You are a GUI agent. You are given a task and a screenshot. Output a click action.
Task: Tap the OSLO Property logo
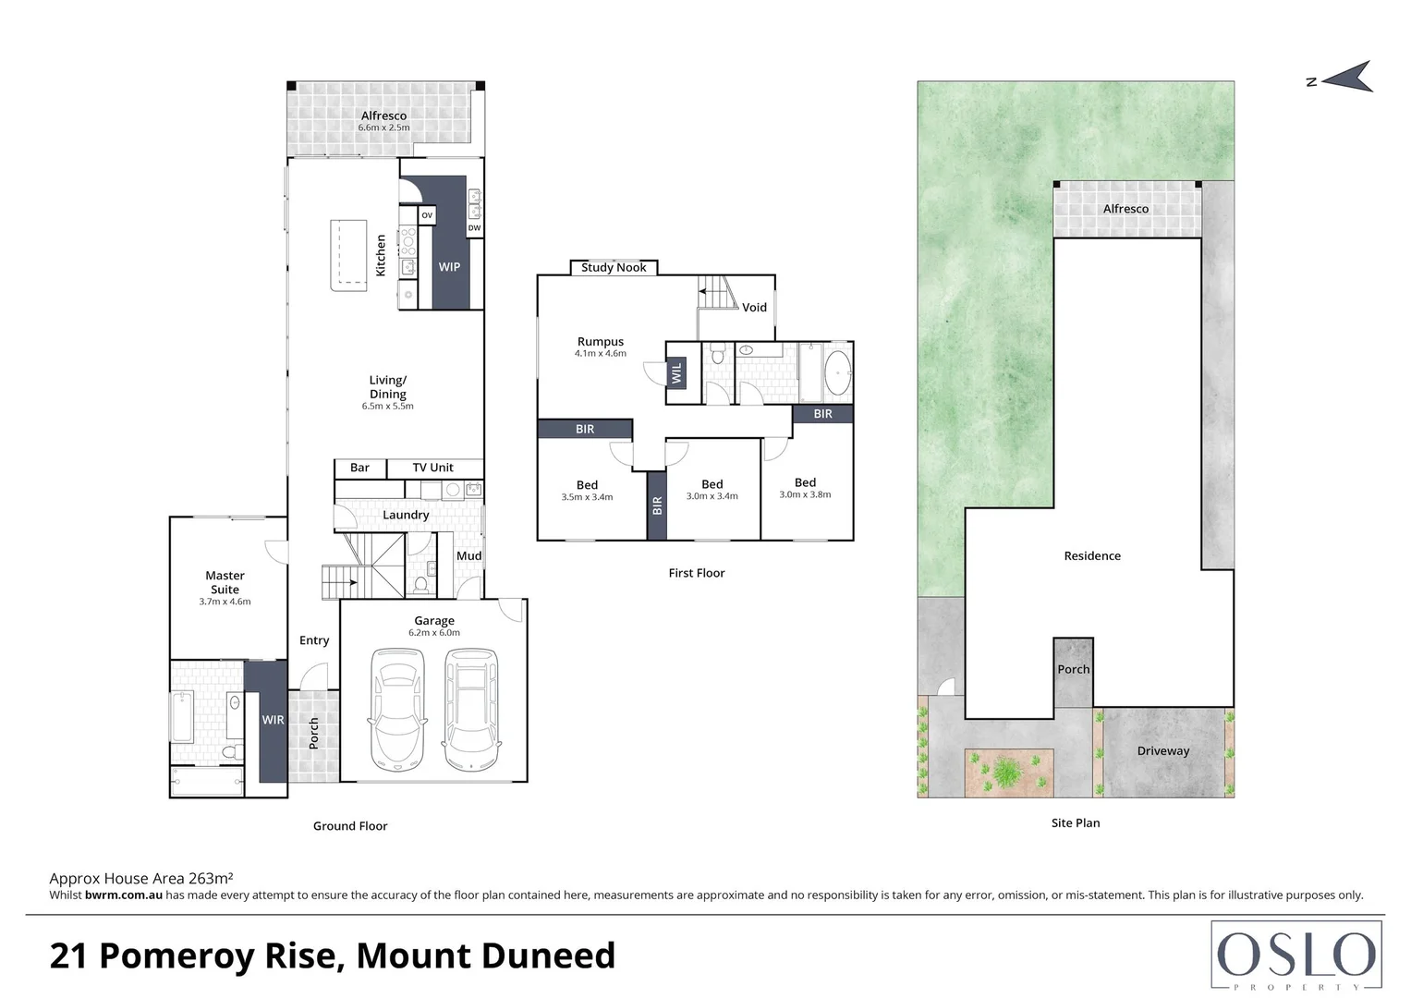1296,955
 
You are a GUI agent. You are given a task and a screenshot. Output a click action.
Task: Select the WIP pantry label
449,267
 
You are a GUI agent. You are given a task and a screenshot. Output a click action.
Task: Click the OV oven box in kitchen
427,215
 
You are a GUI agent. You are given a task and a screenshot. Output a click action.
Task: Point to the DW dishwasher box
474,228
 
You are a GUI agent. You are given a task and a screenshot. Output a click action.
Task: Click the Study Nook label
614,268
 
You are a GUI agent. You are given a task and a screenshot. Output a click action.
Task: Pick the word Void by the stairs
754,308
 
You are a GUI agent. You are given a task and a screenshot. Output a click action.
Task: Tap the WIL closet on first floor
676,372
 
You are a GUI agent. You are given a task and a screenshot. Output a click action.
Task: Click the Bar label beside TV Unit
359,468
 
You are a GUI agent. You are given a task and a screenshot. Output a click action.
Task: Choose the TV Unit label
433,468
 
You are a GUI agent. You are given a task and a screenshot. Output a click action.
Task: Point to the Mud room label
468,556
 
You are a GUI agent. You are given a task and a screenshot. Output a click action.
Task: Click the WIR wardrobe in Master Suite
273,720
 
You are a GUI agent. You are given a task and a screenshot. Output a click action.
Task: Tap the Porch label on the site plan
1074,670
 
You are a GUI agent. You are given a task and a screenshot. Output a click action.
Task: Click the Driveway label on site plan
1162,751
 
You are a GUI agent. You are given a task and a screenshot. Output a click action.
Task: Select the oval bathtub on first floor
837,372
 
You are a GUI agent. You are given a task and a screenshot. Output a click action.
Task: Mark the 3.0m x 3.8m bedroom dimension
805,494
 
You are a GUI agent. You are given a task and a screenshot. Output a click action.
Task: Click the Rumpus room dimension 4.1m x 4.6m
601,354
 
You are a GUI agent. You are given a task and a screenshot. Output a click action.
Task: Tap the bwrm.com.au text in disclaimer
124,895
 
